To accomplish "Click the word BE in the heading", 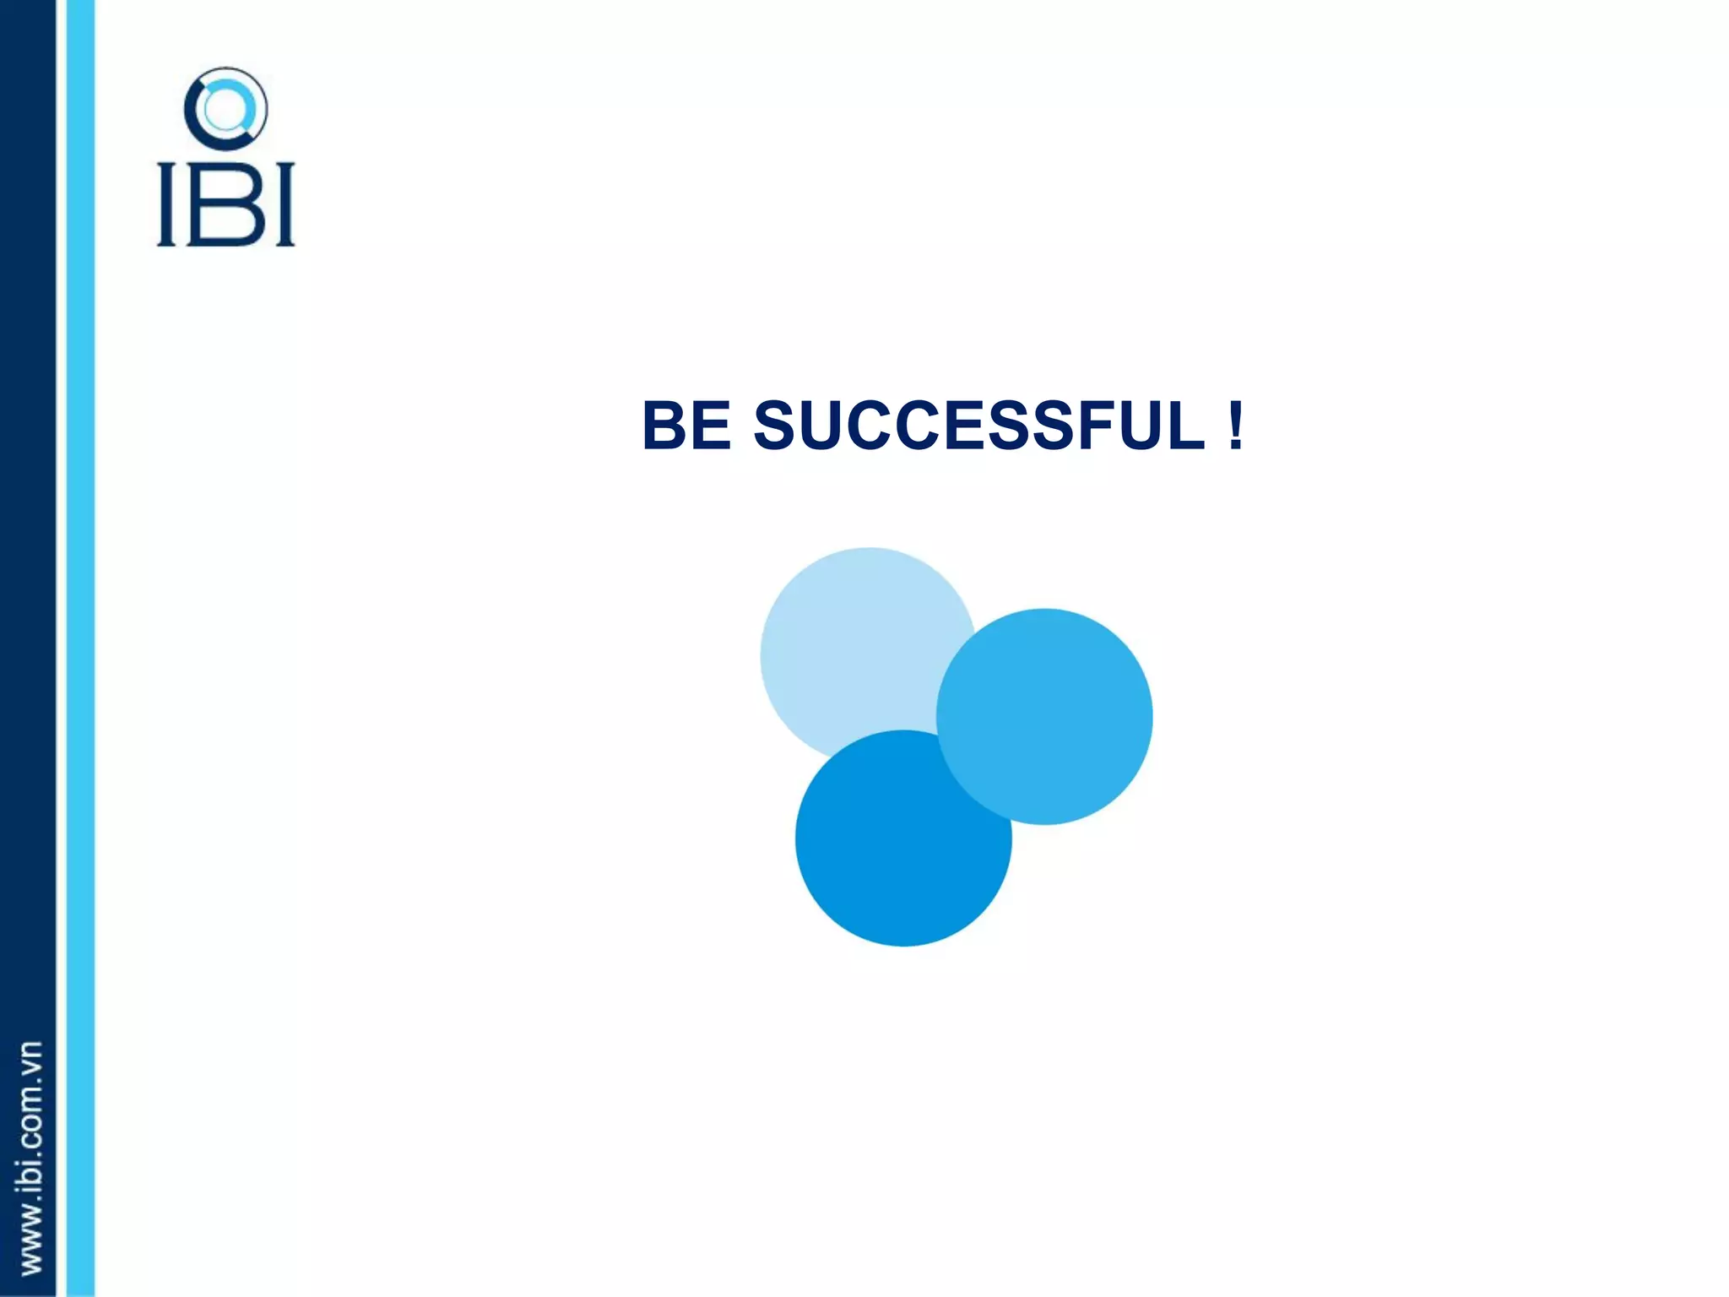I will pyautogui.click(x=686, y=426).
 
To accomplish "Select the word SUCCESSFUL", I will pyautogui.click(x=979, y=426).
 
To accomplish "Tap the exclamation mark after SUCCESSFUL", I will pyautogui.click(x=1236, y=426).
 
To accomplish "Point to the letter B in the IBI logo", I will pyautogui.click(x=225, y=204).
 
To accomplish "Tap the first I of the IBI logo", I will pyautogui.click(x=167, y=204).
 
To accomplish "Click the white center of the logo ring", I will pyautogui.click(x=225, y=109).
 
